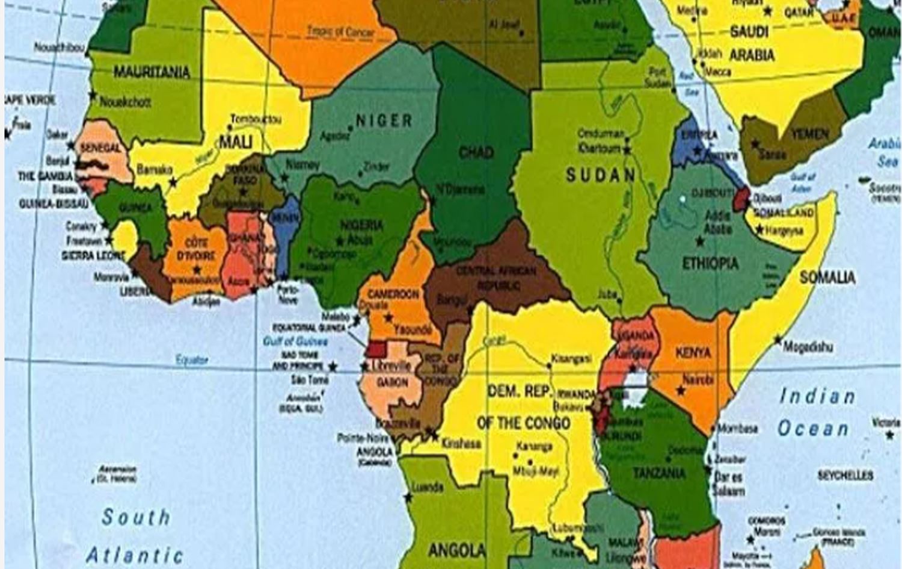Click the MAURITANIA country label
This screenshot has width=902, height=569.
pyautogui.click(x=152, y=73)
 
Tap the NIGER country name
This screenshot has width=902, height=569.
pyautogui.click(x=384, y=120)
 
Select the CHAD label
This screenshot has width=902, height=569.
pyautogui.click(x=476, y=153)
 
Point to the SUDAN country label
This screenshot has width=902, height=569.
pyautogui.click(x=600, y=176)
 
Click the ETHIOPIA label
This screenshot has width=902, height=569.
pyautogui.click(x=710, y=264)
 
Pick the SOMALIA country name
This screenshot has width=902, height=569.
pyautogui.click(x=827, y=278)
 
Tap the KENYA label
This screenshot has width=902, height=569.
pyautogui.click(x=693, y=353)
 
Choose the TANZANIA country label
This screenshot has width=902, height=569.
pyautogui.click(x=659, y=473)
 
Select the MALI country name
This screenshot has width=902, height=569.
pyautogui.click(x=235, y=142)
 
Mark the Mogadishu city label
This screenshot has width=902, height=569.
pyautogui.click(x=808, y=347)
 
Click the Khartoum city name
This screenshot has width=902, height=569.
pyautogui.click(x=599, y=148)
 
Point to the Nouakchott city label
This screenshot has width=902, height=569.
pyautogui.click(x=125, y=102)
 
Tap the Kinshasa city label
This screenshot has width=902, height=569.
pyautogui.click(x=461, y=444)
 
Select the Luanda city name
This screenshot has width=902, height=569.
pyautogui.click(x=428, y=487)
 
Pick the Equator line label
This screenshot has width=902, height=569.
pyautogui.click(x=191, y=360)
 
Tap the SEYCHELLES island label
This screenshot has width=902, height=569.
pyautogui.click(x=845, y=476)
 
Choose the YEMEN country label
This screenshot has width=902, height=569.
pyautogui.click(x=809, y=134)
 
